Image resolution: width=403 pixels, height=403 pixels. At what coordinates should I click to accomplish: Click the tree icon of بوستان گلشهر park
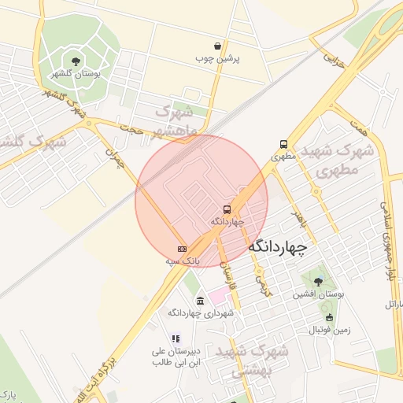point(76,61)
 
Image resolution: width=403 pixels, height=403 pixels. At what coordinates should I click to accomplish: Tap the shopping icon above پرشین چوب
point(217,46)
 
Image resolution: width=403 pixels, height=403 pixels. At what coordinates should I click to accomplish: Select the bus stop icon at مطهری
point(283,145)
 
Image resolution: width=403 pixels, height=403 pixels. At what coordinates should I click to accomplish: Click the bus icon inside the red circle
point(227,209)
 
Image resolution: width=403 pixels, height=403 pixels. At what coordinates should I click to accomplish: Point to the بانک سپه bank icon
point(183,248)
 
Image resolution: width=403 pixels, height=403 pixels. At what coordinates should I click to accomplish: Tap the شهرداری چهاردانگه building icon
point(201,301)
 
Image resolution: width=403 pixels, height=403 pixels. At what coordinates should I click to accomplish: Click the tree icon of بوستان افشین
point(318,282)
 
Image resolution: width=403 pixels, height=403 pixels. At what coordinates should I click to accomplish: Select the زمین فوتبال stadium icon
point(329,317)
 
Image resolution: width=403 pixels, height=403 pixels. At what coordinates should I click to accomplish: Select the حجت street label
point(132,126)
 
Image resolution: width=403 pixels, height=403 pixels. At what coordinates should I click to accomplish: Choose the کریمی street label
point(263,281)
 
